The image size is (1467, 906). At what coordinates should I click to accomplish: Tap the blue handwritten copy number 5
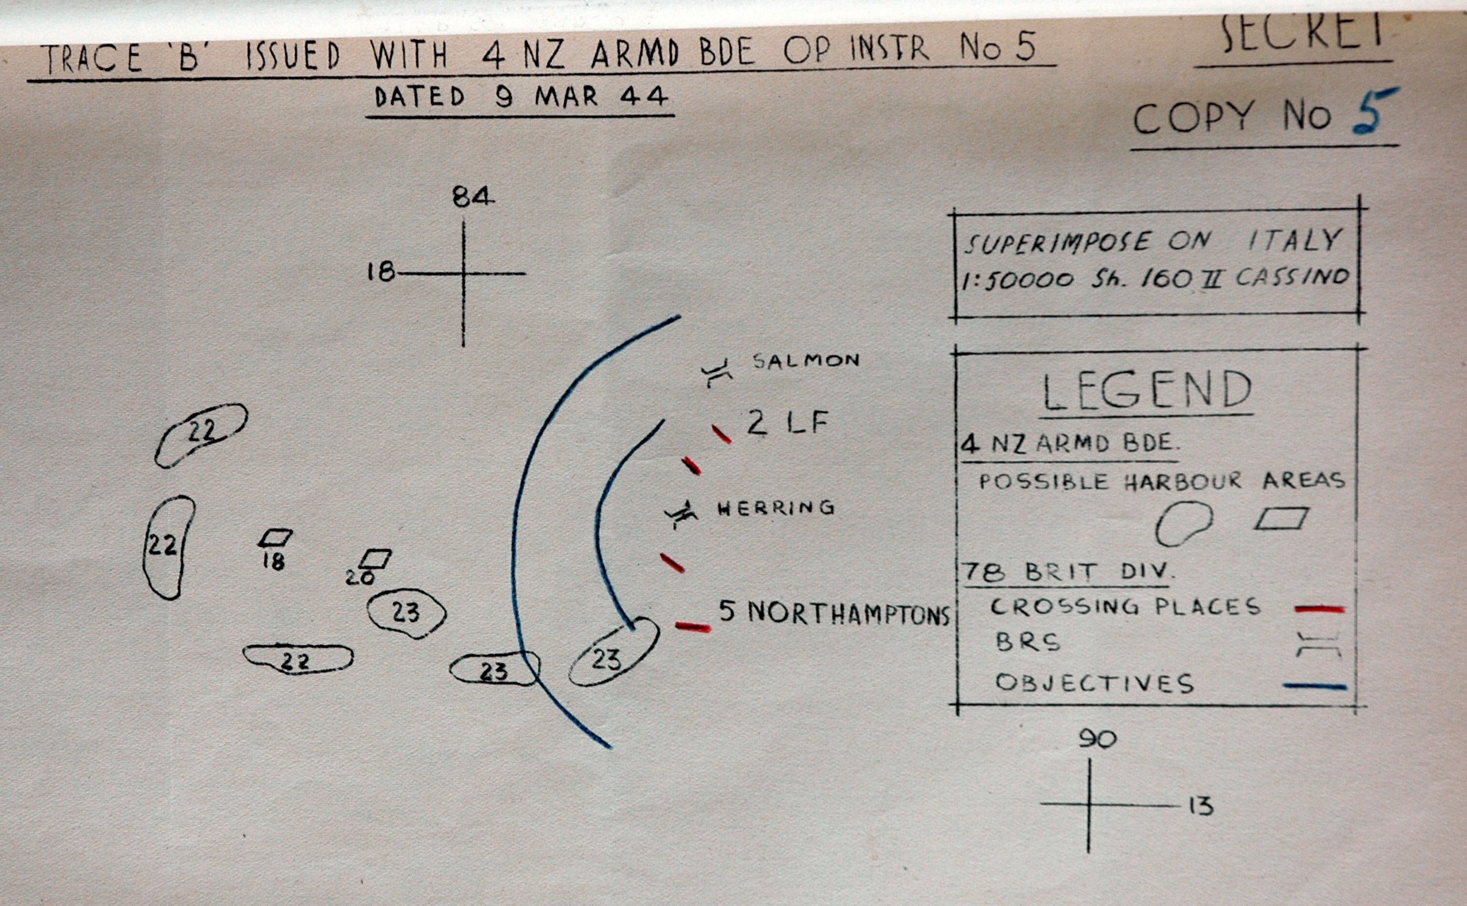coord(1374,112)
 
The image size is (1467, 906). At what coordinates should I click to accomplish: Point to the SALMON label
coord(806,360)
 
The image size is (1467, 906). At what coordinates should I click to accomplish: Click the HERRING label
coord(776,508)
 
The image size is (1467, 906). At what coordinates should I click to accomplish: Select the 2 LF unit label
coord(787,423)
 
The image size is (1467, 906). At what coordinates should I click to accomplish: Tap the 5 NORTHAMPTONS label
coord(835,613)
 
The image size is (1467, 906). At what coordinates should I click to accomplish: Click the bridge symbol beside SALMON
coord(716,373)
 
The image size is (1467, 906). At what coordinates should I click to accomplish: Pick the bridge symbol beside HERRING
coord(682,514)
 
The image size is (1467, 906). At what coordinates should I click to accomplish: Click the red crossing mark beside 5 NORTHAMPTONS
coord(693,627)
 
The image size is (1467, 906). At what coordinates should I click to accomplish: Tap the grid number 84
coord(473,197)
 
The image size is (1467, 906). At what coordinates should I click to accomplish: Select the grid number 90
coord(1097,740)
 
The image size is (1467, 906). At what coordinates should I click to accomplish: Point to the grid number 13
coord(1201,806)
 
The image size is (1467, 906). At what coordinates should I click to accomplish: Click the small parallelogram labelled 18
coord(275,538)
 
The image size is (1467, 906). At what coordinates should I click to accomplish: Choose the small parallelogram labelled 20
coord(376,559)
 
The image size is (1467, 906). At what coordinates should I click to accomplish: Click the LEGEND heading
coord(1147,391)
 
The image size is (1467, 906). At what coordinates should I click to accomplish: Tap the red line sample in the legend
coord(1320,609)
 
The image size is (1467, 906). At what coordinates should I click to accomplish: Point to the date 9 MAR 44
coord(581,97)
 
